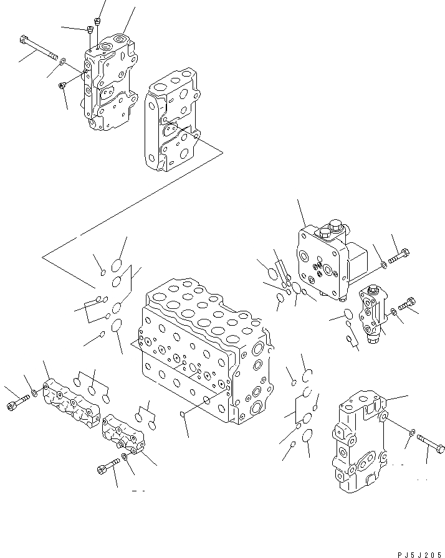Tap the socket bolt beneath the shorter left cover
(x=107, y=466)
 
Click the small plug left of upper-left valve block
(x=62, y=85)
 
